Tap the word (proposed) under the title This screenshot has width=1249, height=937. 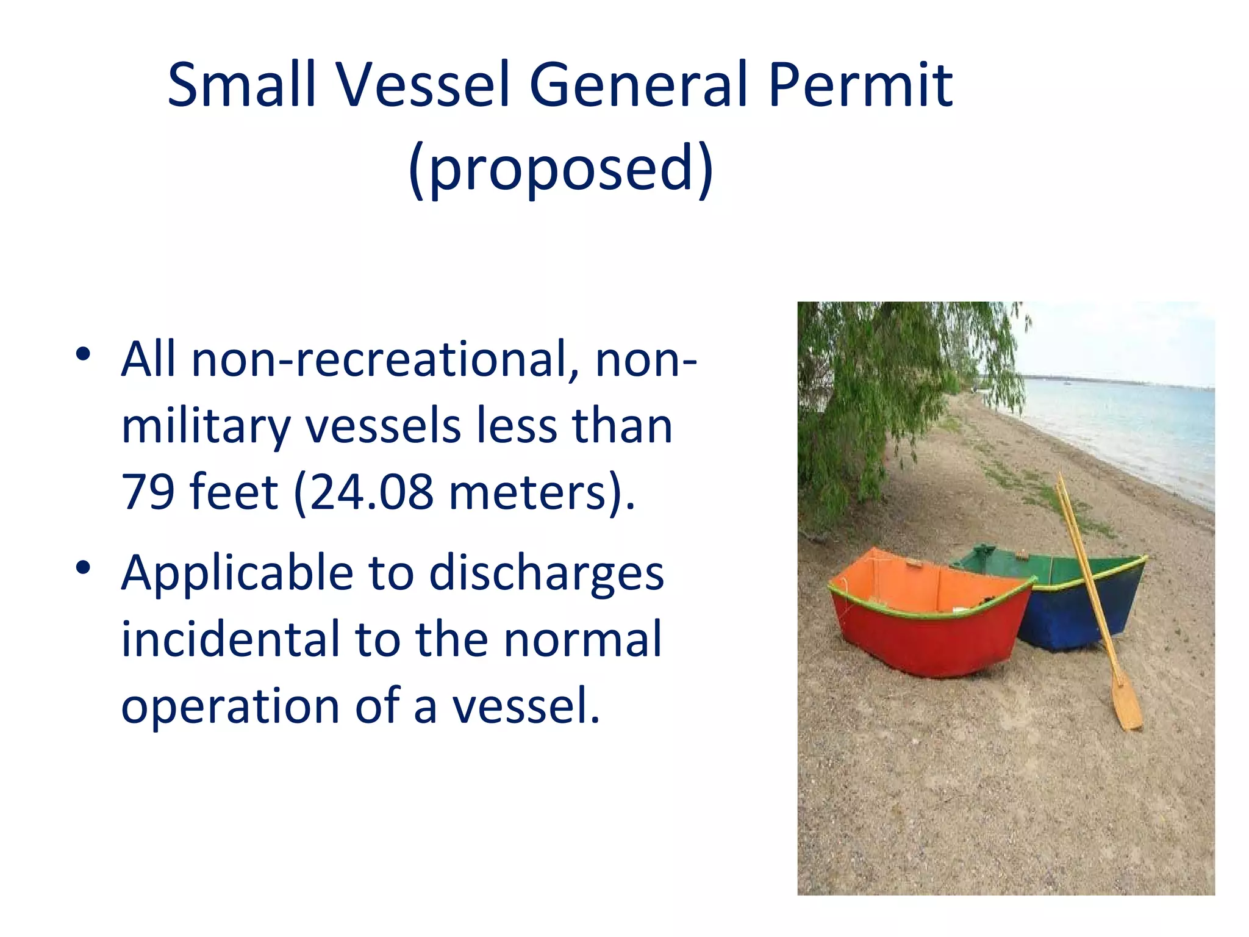(560, 168)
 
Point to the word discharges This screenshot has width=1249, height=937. (546, 573)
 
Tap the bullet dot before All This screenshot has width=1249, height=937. (84, 354)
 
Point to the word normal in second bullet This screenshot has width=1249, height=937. (582, 639)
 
